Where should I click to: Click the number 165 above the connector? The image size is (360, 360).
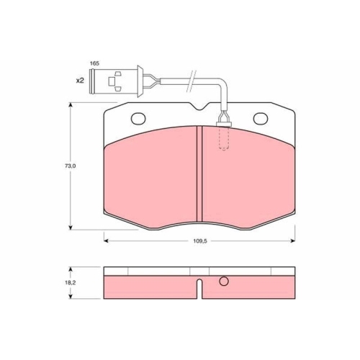94,64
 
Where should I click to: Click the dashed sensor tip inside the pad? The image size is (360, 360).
223,138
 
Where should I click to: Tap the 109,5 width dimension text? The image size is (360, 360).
199,242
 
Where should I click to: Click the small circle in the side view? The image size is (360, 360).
224,282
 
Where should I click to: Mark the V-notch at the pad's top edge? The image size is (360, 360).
199,108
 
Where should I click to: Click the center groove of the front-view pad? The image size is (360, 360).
198,173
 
